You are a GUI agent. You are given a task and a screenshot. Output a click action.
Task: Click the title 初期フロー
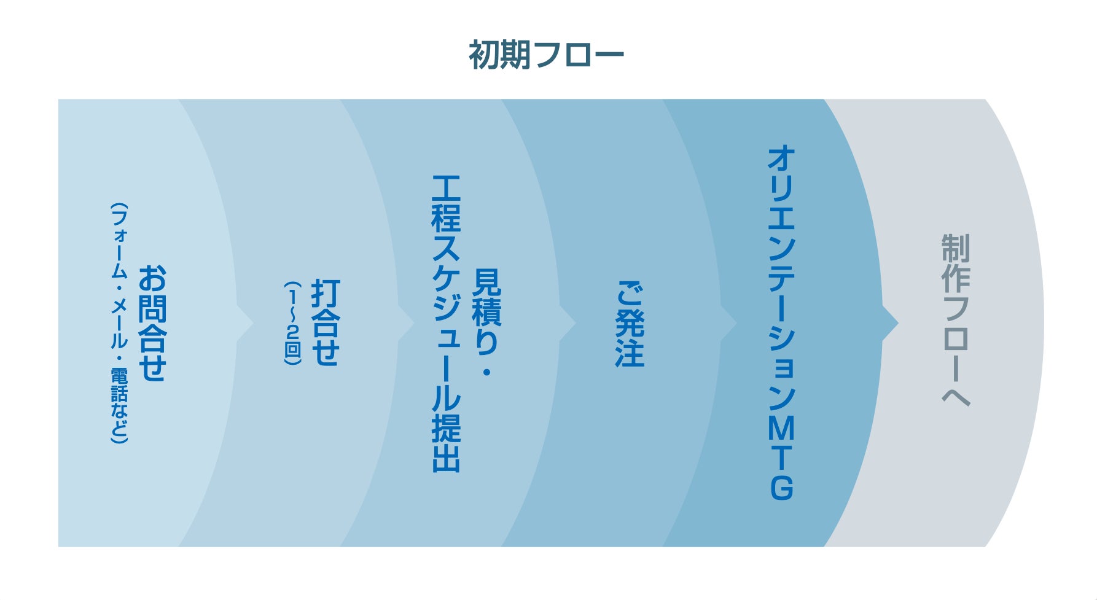(546, 55)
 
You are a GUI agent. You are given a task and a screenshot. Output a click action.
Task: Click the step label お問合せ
(152, 323)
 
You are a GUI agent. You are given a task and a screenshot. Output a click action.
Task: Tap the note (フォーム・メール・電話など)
(119, 323)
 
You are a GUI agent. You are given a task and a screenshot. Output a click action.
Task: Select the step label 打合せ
(325, 323)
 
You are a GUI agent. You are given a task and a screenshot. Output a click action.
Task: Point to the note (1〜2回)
(293, 323)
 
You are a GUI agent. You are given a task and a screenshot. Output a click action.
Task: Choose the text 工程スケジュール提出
(447, 323)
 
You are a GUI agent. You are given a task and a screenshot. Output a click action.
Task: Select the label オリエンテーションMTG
(781, 323)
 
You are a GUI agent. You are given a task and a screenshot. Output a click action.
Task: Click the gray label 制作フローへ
(956, 319)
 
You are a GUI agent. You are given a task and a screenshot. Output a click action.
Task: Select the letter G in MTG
(781, 487)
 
